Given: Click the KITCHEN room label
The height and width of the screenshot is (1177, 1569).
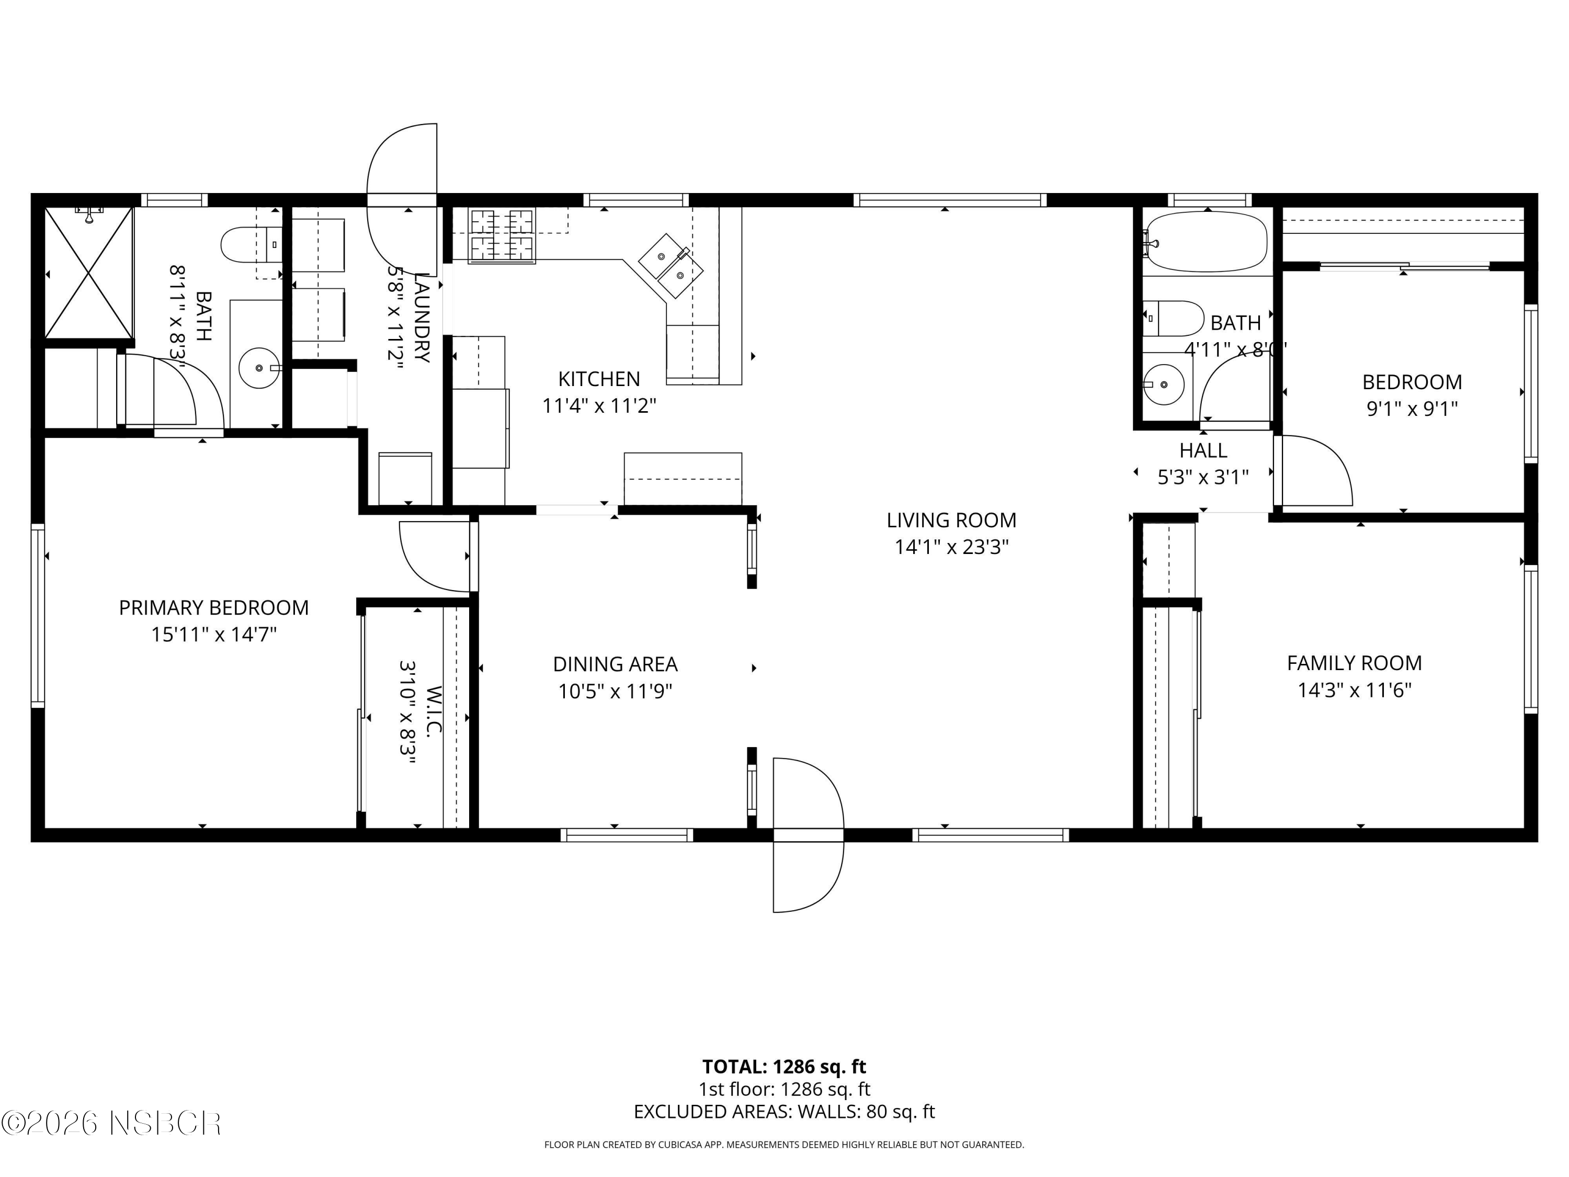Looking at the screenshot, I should pos(599,379).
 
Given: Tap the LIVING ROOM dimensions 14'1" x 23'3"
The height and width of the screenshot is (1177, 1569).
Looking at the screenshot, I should pos(951,547).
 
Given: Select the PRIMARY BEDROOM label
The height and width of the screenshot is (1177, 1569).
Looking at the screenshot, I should pos(213,608).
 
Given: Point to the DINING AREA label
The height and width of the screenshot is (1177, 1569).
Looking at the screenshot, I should pos(615,665).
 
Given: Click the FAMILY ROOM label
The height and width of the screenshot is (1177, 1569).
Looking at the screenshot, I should pos(1354,663).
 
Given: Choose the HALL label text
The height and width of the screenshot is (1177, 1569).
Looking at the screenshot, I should pos(1203,450).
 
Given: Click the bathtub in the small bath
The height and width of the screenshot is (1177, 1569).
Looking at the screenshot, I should pos(1207,242).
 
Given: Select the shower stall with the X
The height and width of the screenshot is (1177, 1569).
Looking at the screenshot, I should pos(89,273).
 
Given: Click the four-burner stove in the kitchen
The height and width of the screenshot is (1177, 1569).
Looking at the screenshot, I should pos(502,235).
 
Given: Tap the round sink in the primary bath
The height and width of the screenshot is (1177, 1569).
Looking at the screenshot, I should pos(259,368).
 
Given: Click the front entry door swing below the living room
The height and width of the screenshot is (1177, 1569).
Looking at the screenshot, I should pos(807,834).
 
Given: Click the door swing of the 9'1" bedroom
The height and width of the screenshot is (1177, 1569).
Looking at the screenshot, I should pos(1312,470).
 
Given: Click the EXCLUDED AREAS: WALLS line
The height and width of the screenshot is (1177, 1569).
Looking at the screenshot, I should pos(784,1112).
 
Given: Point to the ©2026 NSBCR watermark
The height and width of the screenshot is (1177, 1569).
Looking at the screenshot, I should pos(111,1123).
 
